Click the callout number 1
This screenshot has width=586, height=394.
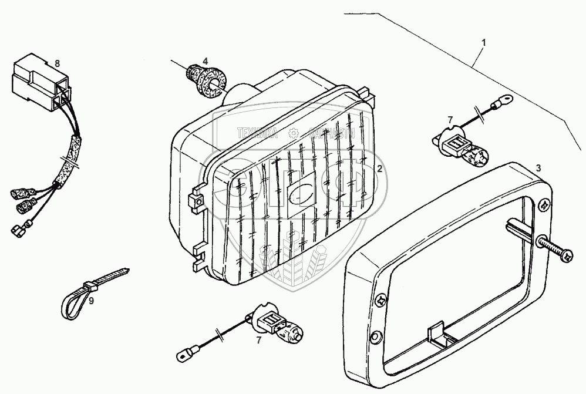point(484,42)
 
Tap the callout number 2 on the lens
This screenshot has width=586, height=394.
point(380,169)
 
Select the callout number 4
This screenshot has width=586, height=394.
point(205,61)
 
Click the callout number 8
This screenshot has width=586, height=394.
point(56,63)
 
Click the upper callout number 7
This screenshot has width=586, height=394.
point(450,120)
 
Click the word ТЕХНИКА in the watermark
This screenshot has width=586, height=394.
point(258,134)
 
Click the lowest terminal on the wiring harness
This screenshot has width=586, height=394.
point(16,231)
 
